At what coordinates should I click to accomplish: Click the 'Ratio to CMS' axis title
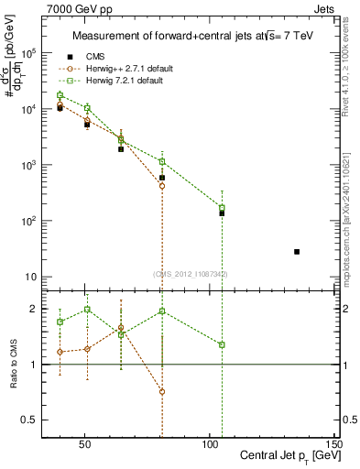[13, 365]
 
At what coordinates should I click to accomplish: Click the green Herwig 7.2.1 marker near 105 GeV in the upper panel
[222, 208]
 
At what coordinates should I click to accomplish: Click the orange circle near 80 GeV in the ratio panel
[162, 391]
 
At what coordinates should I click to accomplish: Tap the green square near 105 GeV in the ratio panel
[222, 344]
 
